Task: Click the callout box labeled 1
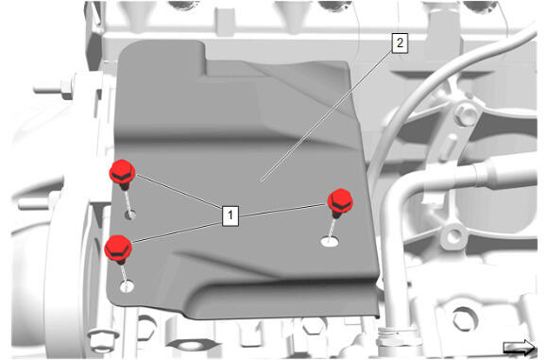tap(231, 215)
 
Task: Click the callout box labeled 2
tap(400, 43)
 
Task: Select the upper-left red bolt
tap(122, 175)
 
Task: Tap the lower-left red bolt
tap(118, 249)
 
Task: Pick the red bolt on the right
tap(340, 203)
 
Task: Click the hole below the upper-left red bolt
tap(130, 214)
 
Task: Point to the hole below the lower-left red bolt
tap(127, 286)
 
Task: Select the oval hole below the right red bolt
tap(330, 242)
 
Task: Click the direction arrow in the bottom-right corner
tap(519, 348)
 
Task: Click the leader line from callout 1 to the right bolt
tap(283, 211)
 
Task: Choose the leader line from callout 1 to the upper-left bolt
tap(179, 192)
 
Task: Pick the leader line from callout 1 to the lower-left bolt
tap(177, 231)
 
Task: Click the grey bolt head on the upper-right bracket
tap(464, 114)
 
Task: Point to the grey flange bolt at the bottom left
tap(103, 339)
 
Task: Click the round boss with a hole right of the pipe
tap(454, 237)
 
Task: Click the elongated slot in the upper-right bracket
tap(449, 147)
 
